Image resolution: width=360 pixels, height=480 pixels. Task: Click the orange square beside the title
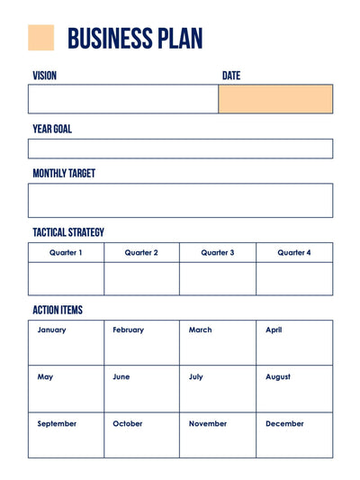(x=41, y=38)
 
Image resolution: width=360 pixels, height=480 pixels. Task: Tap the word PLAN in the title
(x=180, y=39)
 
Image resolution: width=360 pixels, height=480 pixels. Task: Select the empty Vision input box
(x=123, y=99)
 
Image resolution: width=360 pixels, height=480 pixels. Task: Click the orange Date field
(x=275, y=99)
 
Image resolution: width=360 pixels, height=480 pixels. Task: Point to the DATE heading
(x=231, y=76)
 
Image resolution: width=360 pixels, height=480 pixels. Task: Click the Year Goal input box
(x=180, y=149)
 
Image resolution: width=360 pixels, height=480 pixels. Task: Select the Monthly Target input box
(x=180, y=201)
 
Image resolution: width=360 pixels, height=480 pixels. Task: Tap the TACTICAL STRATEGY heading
(x=68, y=232)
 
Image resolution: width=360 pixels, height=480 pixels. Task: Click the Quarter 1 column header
(x=66, y=253)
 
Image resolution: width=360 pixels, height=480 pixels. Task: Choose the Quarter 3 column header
(x=218, y=253)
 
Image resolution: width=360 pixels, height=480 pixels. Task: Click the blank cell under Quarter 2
(x=141, y=279)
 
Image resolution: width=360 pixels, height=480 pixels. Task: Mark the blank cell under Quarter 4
(x=294, y=279)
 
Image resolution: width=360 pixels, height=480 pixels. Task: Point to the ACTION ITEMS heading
(x=58, y=310)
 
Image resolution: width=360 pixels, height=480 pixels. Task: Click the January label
(x=51, y=331)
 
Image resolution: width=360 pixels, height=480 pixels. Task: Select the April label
(x=274, y=331)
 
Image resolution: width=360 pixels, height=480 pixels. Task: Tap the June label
(x=121, y=377)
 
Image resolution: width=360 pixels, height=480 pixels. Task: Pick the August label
(x=278, y=377)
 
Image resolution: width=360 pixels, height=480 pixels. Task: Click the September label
(x=57, y=424)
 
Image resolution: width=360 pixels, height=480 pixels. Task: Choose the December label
(x=284, y=424)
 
